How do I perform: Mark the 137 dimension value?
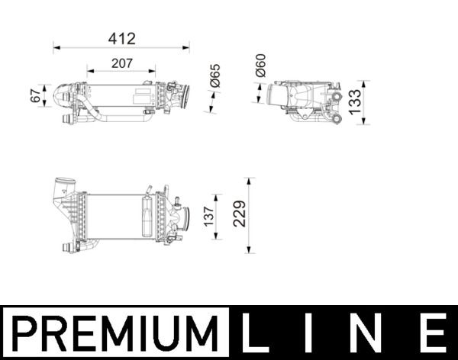pyautogui.click(x=208, y=217)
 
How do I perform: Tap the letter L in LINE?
pyautogui.click(x=257, y=333)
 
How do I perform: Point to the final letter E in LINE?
pyautogui.click(x=432, y=333)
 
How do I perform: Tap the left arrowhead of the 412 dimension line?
pyautogui.click(x=56, y=47)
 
